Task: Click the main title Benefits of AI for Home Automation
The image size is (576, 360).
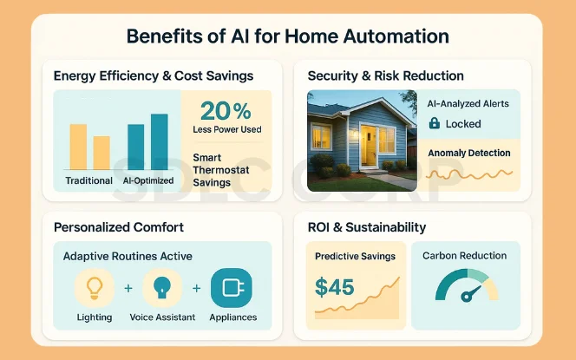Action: (287, 36)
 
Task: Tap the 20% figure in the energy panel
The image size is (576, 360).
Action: (226, 111)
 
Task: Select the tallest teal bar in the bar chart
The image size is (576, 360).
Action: (160, 142)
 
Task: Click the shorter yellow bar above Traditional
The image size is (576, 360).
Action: (101, 153)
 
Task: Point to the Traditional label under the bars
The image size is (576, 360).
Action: (89, 180)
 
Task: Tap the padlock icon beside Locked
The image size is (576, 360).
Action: (434, 124)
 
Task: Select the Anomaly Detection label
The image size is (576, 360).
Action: (469, 153)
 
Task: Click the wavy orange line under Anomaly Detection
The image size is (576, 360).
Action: (469, 174)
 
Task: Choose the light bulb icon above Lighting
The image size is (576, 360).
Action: (94, 288)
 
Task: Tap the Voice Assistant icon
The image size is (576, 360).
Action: (162, 288)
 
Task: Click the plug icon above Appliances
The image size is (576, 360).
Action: (232, 288)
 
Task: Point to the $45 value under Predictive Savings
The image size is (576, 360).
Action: (335, 286)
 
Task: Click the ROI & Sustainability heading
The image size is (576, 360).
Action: (367, 227)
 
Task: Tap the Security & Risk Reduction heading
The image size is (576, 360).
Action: (385, 75)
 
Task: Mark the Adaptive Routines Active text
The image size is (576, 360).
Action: (128, 257)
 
